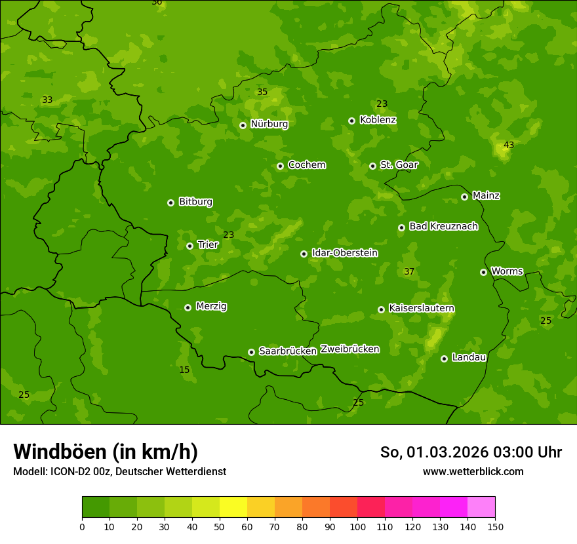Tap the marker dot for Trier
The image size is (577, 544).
click(x=189, y=246)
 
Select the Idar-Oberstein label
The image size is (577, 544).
click(x=344, y=253)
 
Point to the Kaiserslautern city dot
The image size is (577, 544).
click(x=381, y=309)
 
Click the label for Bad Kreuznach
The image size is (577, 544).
click(x=443, y=226)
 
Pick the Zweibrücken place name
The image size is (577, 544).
click(x=349, y=349)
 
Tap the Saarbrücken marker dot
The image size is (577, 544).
click(x=251, y=352)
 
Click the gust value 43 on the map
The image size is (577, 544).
click(x=509, y=145)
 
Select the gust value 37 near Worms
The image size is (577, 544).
click(x=409, y=271)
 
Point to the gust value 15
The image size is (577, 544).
click(x=184, y=370)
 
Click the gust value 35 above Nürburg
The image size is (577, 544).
click(x=262, y=92)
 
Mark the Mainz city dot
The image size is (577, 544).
click(x=464, y=197)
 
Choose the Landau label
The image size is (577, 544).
click(x=469, y=357)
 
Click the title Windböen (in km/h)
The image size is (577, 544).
click(x=105, y=452)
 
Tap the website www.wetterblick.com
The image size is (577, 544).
click(x=473, y=471)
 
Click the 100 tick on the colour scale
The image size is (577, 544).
click(x=357, y=526)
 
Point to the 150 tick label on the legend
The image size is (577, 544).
click(x=495, y=526)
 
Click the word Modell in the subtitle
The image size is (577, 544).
click(x=30, y=471)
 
